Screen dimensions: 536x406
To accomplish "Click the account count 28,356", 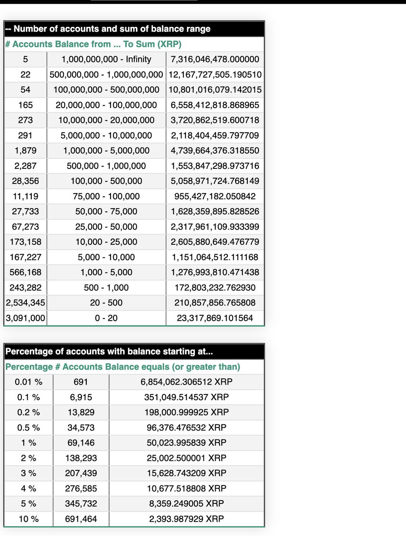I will [x=25, y=181].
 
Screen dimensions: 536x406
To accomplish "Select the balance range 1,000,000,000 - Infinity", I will [x=106, y=59].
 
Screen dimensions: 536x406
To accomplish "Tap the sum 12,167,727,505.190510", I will [x=215, y=74].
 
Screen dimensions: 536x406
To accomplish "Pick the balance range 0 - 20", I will [x=106, y=318].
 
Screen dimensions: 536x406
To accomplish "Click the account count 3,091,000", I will [x=25, y=318].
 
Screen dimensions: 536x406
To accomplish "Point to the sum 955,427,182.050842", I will [x=215, y=196].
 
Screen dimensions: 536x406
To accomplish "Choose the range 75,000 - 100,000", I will [x=106, y=196].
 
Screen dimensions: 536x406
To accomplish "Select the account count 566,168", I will [x=25, y=272].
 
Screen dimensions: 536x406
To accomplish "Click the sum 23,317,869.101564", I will [x=215, y=318].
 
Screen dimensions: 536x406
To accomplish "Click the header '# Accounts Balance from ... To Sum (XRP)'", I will [x=93, y=44].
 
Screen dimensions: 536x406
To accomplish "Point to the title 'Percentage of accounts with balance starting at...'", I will [x=109, y=352].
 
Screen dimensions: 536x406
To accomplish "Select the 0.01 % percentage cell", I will [x=29, y=382].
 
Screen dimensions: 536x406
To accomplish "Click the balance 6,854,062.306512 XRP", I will [x=186, y=382].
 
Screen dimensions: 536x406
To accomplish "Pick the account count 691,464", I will [x=81, y=519].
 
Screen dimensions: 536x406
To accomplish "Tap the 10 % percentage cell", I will [x=29, y=519].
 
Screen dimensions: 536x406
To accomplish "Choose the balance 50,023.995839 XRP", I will [x=186, y=443].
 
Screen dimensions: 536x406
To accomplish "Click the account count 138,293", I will [x=81, y=458].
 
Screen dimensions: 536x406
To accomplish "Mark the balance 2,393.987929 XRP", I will [x=186, y=519].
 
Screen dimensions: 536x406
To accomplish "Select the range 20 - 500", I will [x=106, y=303].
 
